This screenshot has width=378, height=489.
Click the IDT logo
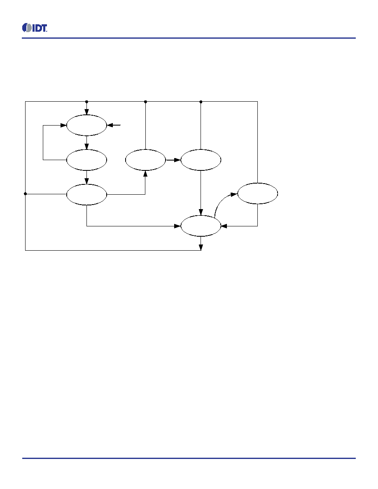coord(35,28)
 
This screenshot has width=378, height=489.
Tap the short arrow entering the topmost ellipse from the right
coord(114,126)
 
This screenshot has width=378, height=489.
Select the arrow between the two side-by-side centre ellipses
coord(173,160)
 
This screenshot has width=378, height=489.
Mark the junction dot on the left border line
coord(25,194)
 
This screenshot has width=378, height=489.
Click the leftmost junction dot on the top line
coord(87,102)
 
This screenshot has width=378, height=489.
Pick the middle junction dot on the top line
coord(145,102)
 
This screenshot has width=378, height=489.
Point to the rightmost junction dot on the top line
coord(201,102)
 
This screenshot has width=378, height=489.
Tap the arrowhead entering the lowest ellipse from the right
coord(224,226)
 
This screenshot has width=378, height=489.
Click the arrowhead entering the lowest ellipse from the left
coord(178,226)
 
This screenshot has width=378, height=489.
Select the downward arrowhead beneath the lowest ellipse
coord(201,247)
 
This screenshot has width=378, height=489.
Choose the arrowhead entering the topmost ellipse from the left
coord(64,126)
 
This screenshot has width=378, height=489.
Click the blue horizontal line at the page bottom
coord(189,458)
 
